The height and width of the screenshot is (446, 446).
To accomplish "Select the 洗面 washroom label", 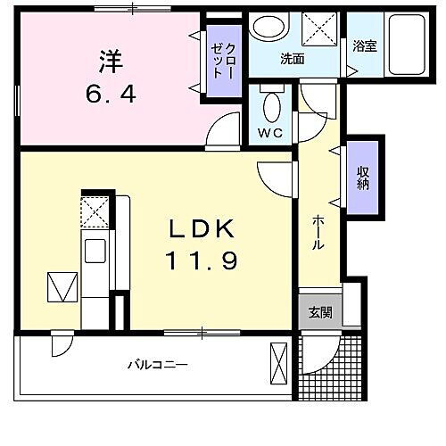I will click(x=293, y=60).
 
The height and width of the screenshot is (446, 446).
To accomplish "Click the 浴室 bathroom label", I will click(x=363, y=45).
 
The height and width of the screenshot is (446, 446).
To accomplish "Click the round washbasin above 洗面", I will click(x=268, y=28).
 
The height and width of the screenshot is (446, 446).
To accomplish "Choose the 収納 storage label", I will click(x=364, y=175).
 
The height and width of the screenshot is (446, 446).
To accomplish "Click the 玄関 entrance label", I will click(x=320, y=312).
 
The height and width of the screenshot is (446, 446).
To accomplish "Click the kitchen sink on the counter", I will click(x=95, y=250).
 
